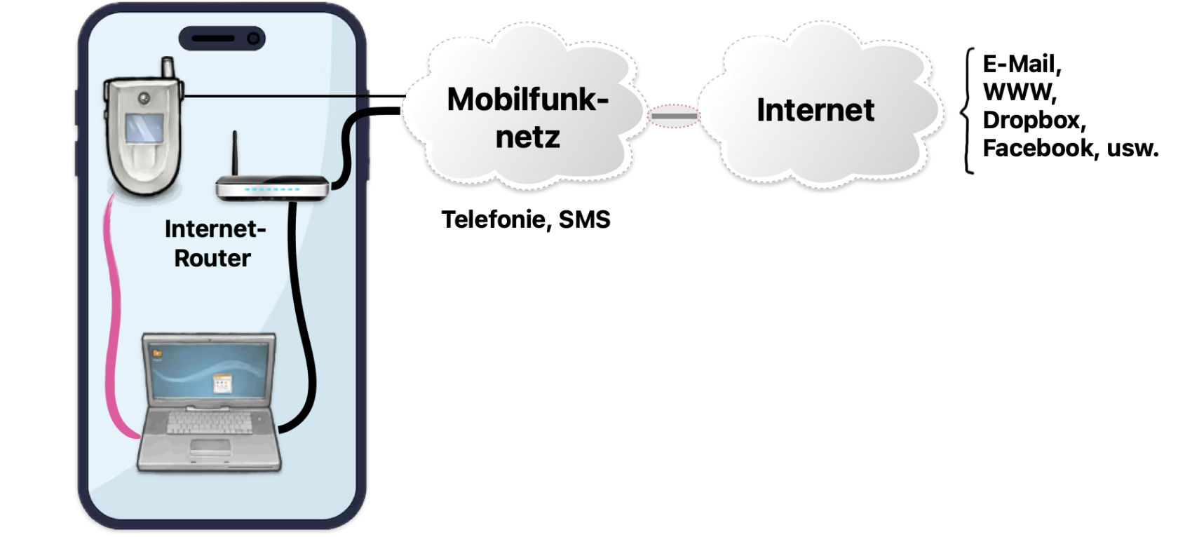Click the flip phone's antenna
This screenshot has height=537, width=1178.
(x=168, y=69)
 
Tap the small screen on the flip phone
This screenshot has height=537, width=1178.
(x=144, y=128)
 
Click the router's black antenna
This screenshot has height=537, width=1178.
(x=234, y=154)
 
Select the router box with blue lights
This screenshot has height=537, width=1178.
(x=272, y=189)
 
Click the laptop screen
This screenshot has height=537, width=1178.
(x=210, y=371)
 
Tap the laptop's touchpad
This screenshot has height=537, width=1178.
(x=210, y=447)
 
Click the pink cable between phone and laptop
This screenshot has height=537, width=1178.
(x=113, y=315)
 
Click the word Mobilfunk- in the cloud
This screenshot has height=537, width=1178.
(x=527, y=99)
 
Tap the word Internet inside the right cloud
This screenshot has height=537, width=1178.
(x=815, y=110)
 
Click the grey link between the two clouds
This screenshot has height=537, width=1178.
(x=675, y=116)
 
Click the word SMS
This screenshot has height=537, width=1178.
(x=584, y=220)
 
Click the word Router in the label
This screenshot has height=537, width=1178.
(x=212, y=258)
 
